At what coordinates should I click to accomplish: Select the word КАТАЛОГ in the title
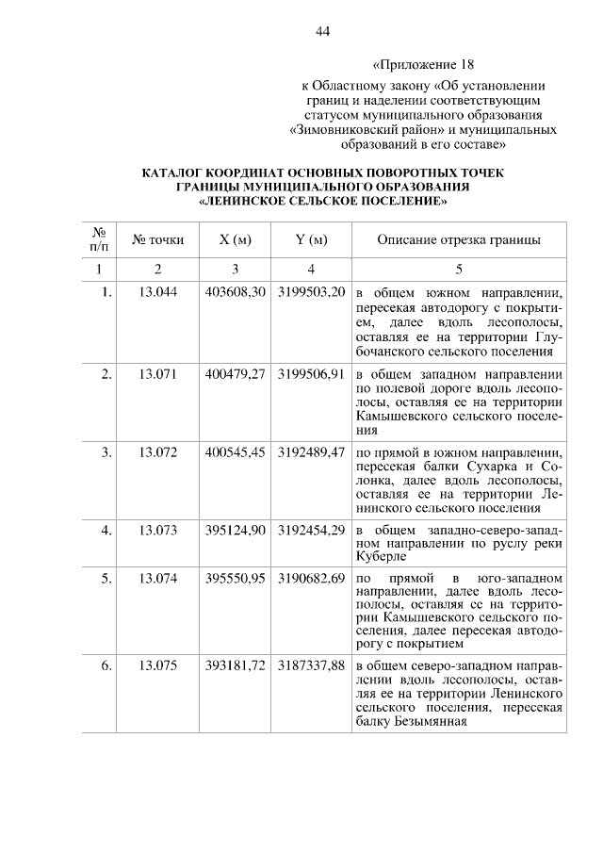point(175,173)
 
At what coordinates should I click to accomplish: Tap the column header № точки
point(158,240)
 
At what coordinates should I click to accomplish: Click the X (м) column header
point(235,240)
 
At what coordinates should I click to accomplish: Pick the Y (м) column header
point(311,240)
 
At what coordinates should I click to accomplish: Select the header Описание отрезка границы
point(458,240)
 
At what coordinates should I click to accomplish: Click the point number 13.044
point(158,292)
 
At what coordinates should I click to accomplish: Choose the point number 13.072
point(158,451)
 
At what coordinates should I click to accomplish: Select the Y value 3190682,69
point(311,577)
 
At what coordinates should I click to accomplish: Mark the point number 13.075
point(158,666)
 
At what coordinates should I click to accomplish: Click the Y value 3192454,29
point(311,530)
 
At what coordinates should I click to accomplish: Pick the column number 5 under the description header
point(458,269)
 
